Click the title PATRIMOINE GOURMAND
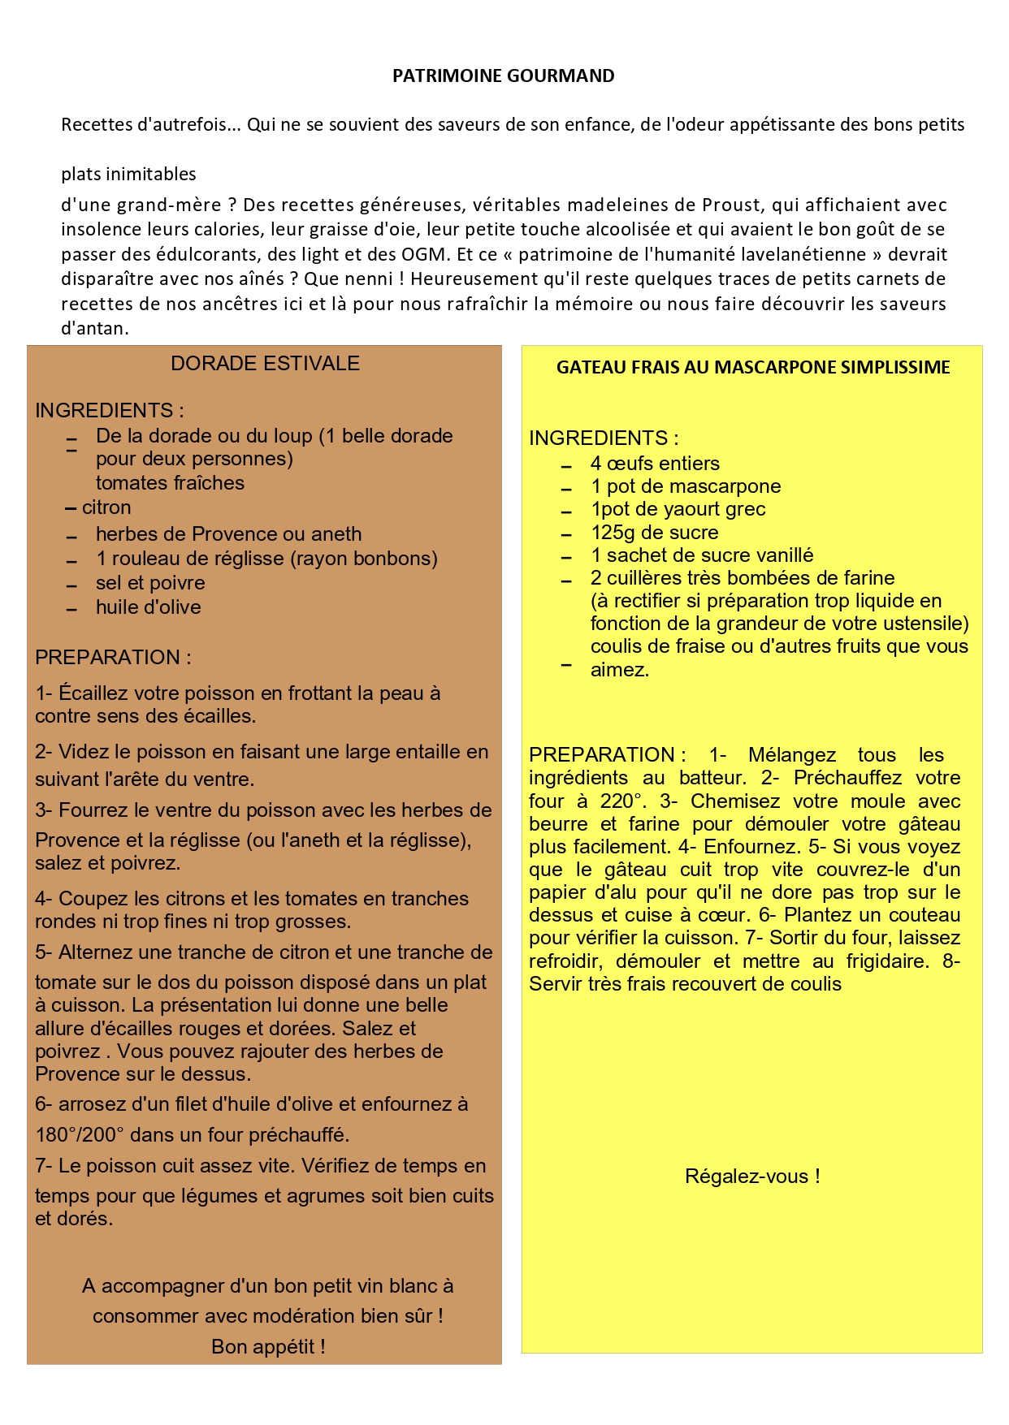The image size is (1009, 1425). tap(503, 76)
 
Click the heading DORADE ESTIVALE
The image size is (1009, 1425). tap(265, 364)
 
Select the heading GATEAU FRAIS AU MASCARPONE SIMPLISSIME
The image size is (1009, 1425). tap(752, 367)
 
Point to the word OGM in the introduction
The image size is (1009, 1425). tap(425, 254)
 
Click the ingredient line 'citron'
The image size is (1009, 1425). tap(106, 507)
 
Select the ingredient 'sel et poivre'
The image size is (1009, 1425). tap(150, 583)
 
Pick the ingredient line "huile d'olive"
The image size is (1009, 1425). tap(148, 607)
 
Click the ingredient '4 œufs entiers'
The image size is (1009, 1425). tap(655, 464)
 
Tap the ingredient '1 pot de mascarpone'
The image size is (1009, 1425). tap(686, 486)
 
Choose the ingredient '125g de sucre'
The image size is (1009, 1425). tap(654, 533)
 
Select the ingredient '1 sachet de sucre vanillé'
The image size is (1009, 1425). tap(701, 555)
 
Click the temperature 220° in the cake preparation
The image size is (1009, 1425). tap(622, 801)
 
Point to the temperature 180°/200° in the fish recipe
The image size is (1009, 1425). tap(80, 1134)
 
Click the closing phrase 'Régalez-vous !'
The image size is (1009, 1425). tap(752, 1177)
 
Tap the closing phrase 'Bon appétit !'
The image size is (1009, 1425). tap(268, 1347)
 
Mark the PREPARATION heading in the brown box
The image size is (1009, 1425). tap(113, 657)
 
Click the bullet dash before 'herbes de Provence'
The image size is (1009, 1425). tap(72, 537)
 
